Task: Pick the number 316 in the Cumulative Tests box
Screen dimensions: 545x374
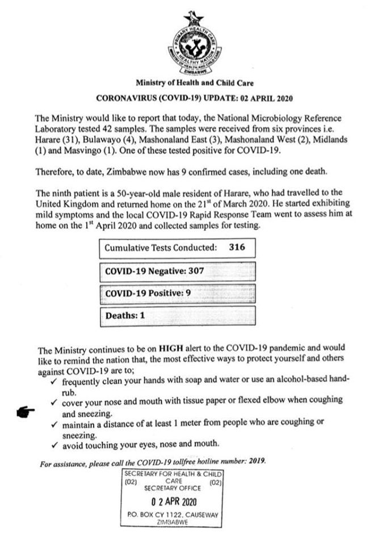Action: pos(237,248)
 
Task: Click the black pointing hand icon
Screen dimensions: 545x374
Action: pos(27,410)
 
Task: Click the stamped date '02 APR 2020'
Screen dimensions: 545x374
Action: pos(174,502)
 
